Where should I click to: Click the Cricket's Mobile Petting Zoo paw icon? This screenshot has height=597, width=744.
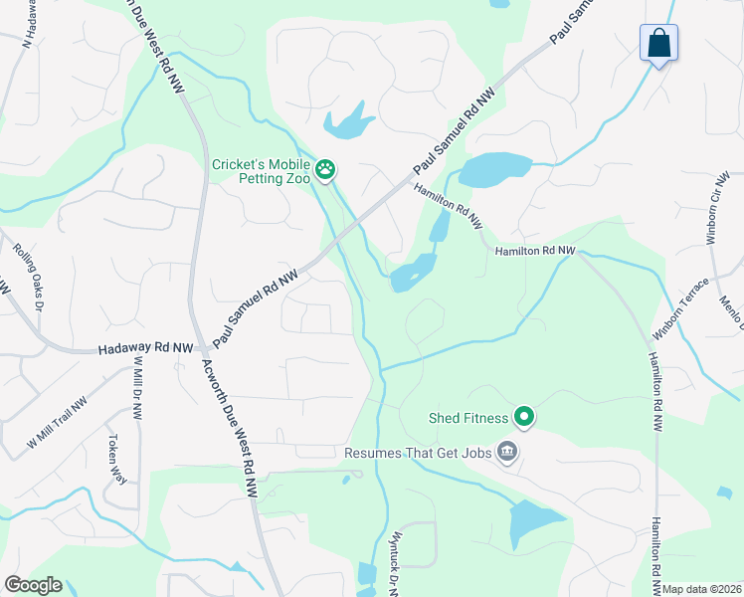[x=325, y=171]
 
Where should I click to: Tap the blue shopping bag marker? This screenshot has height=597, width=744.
[x=658, y=44]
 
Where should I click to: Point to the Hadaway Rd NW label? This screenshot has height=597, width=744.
[x=146, y=349]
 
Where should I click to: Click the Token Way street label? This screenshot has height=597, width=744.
[x=117, y=459]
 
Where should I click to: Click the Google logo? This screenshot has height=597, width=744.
[x=33, y=585]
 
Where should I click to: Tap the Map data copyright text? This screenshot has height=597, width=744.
[x=702, y=589]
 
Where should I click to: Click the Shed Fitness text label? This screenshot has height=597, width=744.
[x=468, y=419]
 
